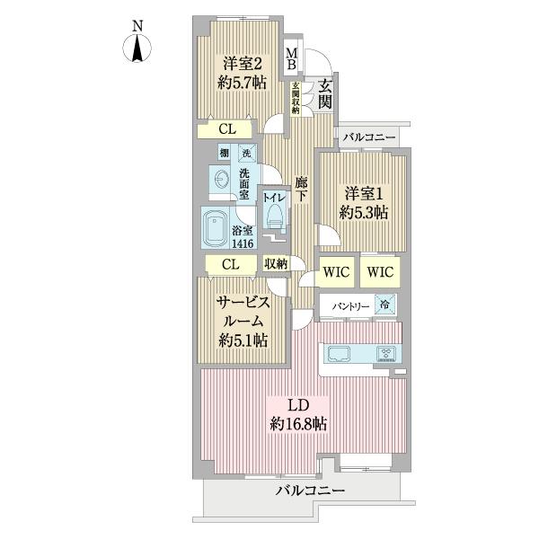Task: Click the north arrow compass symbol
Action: tap(137, 45)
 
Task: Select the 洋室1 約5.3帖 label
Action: tap(362, 202)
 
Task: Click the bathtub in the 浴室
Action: tap(216, 231)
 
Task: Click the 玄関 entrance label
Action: tap(324, 93)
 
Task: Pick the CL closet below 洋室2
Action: tap(230, 129)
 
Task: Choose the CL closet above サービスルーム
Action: tap(230, 263)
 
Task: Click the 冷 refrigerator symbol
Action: tap(384, 305)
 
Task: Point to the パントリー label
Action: tap(350, 305)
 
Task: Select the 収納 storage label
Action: tap(275, 263)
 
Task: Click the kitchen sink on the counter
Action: tap(340, 353)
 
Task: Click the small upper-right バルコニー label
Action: tap(368, 136)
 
